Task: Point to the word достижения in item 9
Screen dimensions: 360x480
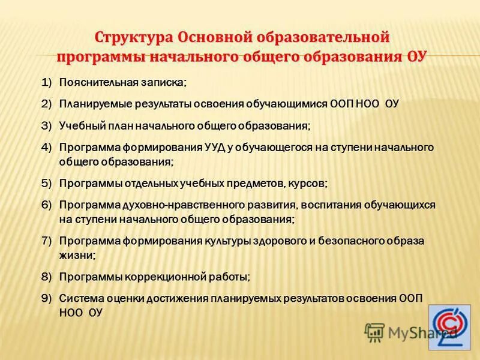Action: coord(170,298)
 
